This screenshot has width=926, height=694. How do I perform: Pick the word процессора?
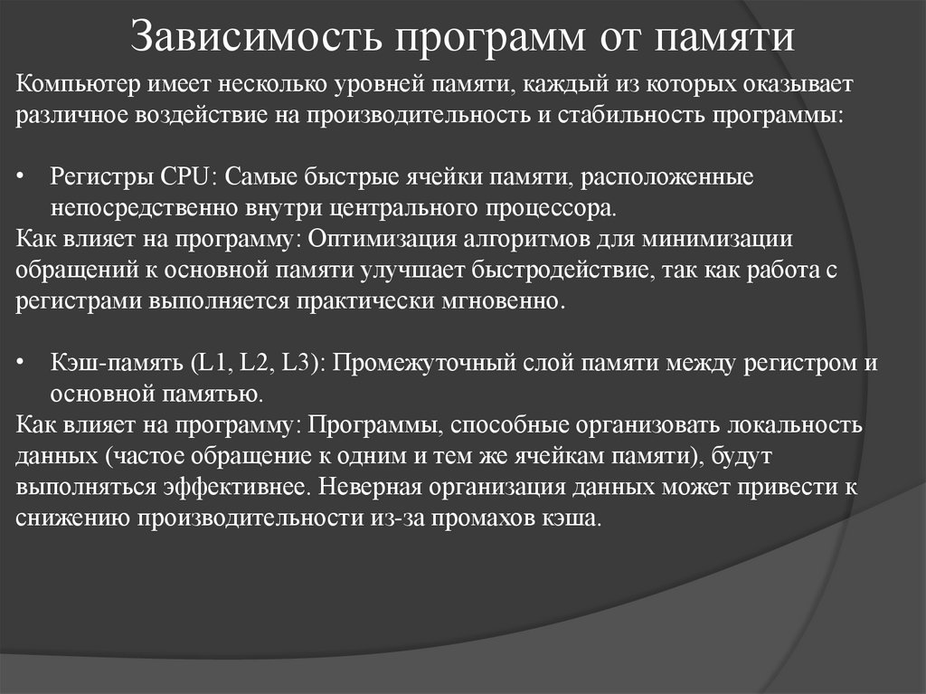click(556, 208)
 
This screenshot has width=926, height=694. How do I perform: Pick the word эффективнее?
click(233, 488)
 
